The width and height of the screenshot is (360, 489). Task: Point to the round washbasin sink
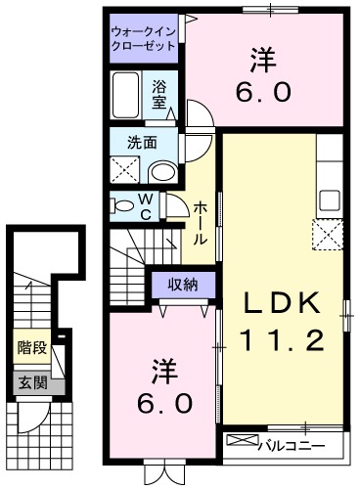pos(162,172)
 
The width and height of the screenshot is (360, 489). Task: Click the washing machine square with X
pos(126,169)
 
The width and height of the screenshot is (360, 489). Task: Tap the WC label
pos(145,206)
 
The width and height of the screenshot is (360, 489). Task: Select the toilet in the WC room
pos(122,206)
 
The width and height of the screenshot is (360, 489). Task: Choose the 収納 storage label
pos(180,286)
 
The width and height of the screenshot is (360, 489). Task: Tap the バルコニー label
pos(292,446)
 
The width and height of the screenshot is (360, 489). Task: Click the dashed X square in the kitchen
pos(327,235)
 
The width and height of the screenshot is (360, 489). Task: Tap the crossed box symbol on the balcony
pos(241,442)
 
